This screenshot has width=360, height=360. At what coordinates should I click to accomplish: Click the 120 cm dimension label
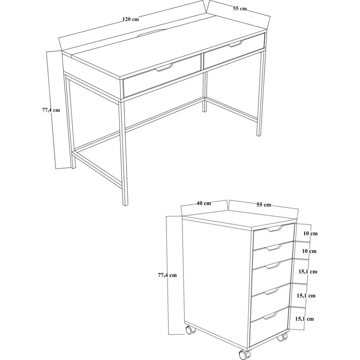pyautogui.click(x=130, y=19)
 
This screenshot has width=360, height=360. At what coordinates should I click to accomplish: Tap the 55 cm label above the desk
pyautogui.click(x=240, y=8)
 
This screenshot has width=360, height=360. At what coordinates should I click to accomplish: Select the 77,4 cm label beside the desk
pyautogui.click(x=51, y=110)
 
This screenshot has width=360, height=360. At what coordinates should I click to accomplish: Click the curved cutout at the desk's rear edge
pyautogui.click(x=152, y=33)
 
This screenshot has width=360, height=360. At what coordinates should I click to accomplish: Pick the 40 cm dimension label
pyautogui.click(x=204, y=203)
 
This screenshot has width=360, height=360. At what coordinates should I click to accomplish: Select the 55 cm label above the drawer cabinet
pyautogui.click(x=263, y=205)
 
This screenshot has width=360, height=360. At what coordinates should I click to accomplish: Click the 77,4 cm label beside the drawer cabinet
pyautogui.click(x=167, y=275)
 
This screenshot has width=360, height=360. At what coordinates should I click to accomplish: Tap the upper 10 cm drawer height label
pyautogui.click(x=310, y=234)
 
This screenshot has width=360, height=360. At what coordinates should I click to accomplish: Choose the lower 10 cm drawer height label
pyautogui.click(x=309, y=251)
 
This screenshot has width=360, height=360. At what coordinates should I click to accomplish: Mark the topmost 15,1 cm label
pyautogui.click(x=308, y=272)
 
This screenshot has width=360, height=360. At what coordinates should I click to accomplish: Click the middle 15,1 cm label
pyautogui.click(x=306, y=295)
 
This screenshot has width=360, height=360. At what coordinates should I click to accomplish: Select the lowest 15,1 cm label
pyautogui.click(x=304, y=319)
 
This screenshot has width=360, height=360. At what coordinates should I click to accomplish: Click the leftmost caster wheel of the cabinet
pyautogui.click(x=190, y=330)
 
